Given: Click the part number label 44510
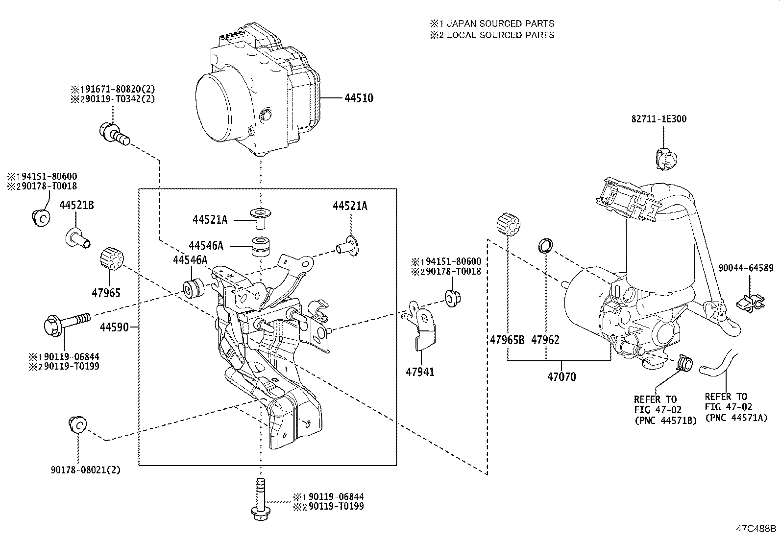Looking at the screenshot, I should click(x=359, y=98).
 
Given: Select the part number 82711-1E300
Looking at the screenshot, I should click(x=658, y=119).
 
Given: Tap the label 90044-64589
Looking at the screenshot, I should click(x=746, y=268).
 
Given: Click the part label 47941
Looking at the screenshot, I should click(x=420, y=372).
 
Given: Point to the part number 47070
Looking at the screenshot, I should click(x=561, y=377).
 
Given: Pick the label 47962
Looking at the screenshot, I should click(x=545, y=340).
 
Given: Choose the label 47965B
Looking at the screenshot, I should click(x=507, y=340).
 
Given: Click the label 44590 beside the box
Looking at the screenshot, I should click(x=115, y=327).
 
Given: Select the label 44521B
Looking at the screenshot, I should click(x=77, y=206).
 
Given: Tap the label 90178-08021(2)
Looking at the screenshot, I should click(x=86, y=470).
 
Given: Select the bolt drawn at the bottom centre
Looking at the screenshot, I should click(x=260, y=500).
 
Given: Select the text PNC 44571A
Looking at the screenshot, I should click(x=736, y=417).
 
